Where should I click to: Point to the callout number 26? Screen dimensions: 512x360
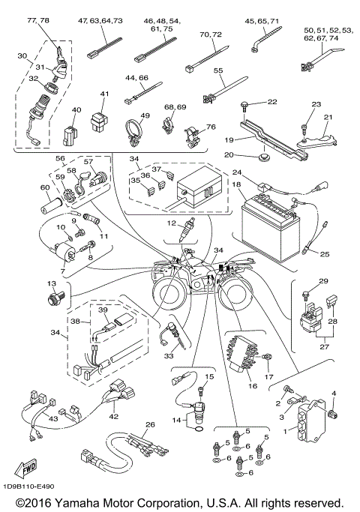[x=150, y=425]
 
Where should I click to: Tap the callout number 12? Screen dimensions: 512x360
[x=172, y=223]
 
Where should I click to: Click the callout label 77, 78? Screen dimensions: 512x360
[x=38, y=21]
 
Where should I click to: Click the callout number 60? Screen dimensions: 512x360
[x=44, y=187]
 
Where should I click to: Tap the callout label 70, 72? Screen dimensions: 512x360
[x=211, y=34]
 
